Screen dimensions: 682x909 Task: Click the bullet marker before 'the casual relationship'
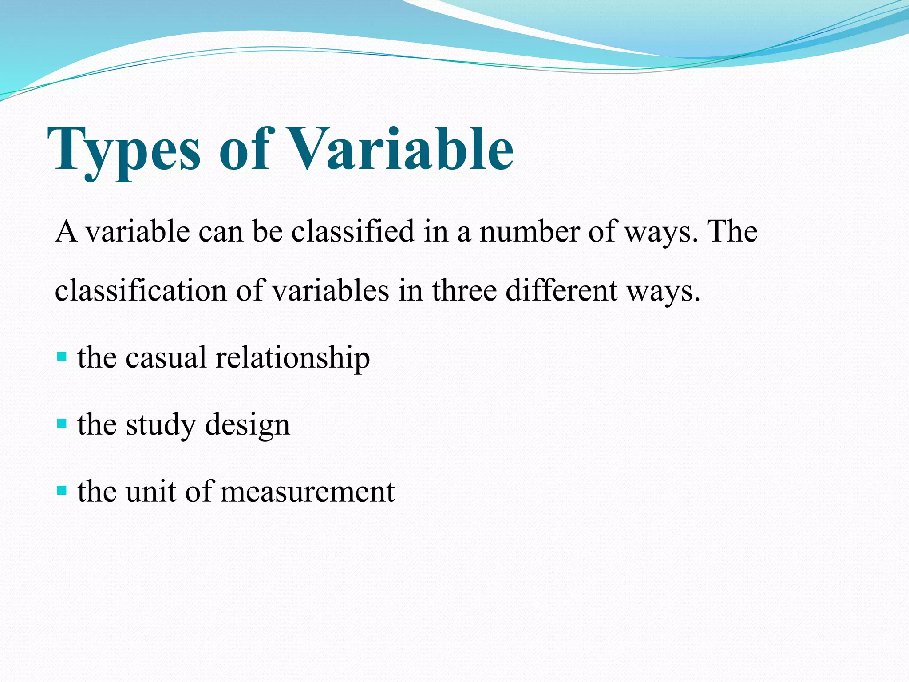click(x=62, y=357)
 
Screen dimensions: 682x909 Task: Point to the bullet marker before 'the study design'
click(x=62, y=424)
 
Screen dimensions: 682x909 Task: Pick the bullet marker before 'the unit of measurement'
click(x=62, y=491)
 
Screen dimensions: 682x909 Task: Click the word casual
click(x=166, y=357)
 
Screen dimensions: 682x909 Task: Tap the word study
click(x=161, y=425)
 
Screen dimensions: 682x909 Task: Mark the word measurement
click(x=307, y=492)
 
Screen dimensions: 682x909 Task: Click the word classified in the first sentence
click(x=353, y=232)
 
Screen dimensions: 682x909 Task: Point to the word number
click(x=530, y=232)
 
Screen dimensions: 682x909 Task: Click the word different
click(x=561, y=291)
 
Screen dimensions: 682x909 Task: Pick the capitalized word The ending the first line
click(x=733, y=232)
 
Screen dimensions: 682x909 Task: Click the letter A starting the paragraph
click(x=66, y=232)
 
